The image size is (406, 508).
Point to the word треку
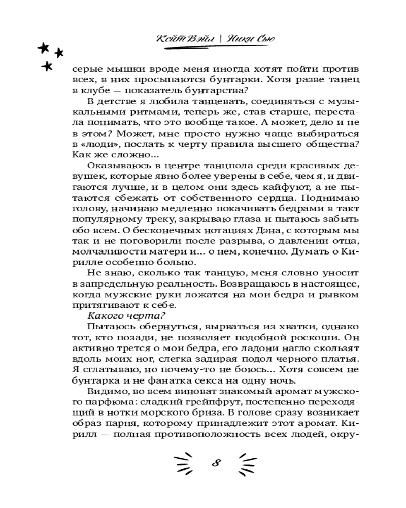click(151, 219)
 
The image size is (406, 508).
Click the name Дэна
click(240, 231)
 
